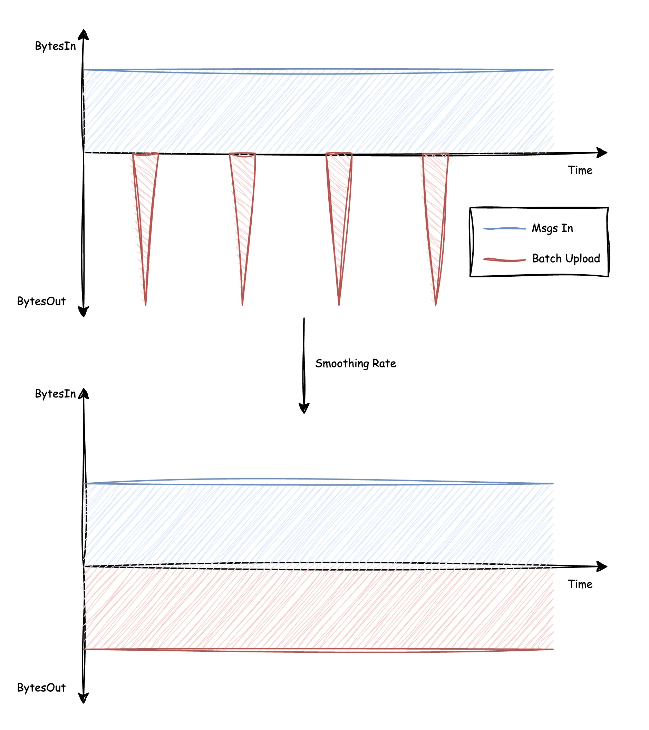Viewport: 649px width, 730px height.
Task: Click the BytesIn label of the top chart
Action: (55, 46)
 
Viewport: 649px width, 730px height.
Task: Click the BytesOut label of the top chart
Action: (41, 302)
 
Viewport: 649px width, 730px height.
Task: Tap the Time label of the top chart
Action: (580, 170)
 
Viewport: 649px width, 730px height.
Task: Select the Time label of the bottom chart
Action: (580, 584)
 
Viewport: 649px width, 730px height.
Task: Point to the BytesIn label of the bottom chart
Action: (55, 394)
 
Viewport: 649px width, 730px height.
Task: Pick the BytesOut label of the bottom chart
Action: (41, 688)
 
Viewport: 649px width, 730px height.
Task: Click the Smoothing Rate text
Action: (356, 364)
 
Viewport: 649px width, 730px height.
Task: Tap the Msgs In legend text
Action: (552, 228)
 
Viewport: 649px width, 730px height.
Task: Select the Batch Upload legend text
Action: (566, 259)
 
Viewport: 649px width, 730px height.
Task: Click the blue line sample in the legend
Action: (504, 229)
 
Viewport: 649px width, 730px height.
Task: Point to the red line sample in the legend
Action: (504, 260)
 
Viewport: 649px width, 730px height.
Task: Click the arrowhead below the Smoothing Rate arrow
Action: (304, 408)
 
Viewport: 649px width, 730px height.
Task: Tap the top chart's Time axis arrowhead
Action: (602, 153)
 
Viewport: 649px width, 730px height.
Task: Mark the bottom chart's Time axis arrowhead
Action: (602, 566)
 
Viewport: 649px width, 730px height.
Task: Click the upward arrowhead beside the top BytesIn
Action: (83, 34)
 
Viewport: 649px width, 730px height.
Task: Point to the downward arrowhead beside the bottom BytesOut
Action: (83, 698)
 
